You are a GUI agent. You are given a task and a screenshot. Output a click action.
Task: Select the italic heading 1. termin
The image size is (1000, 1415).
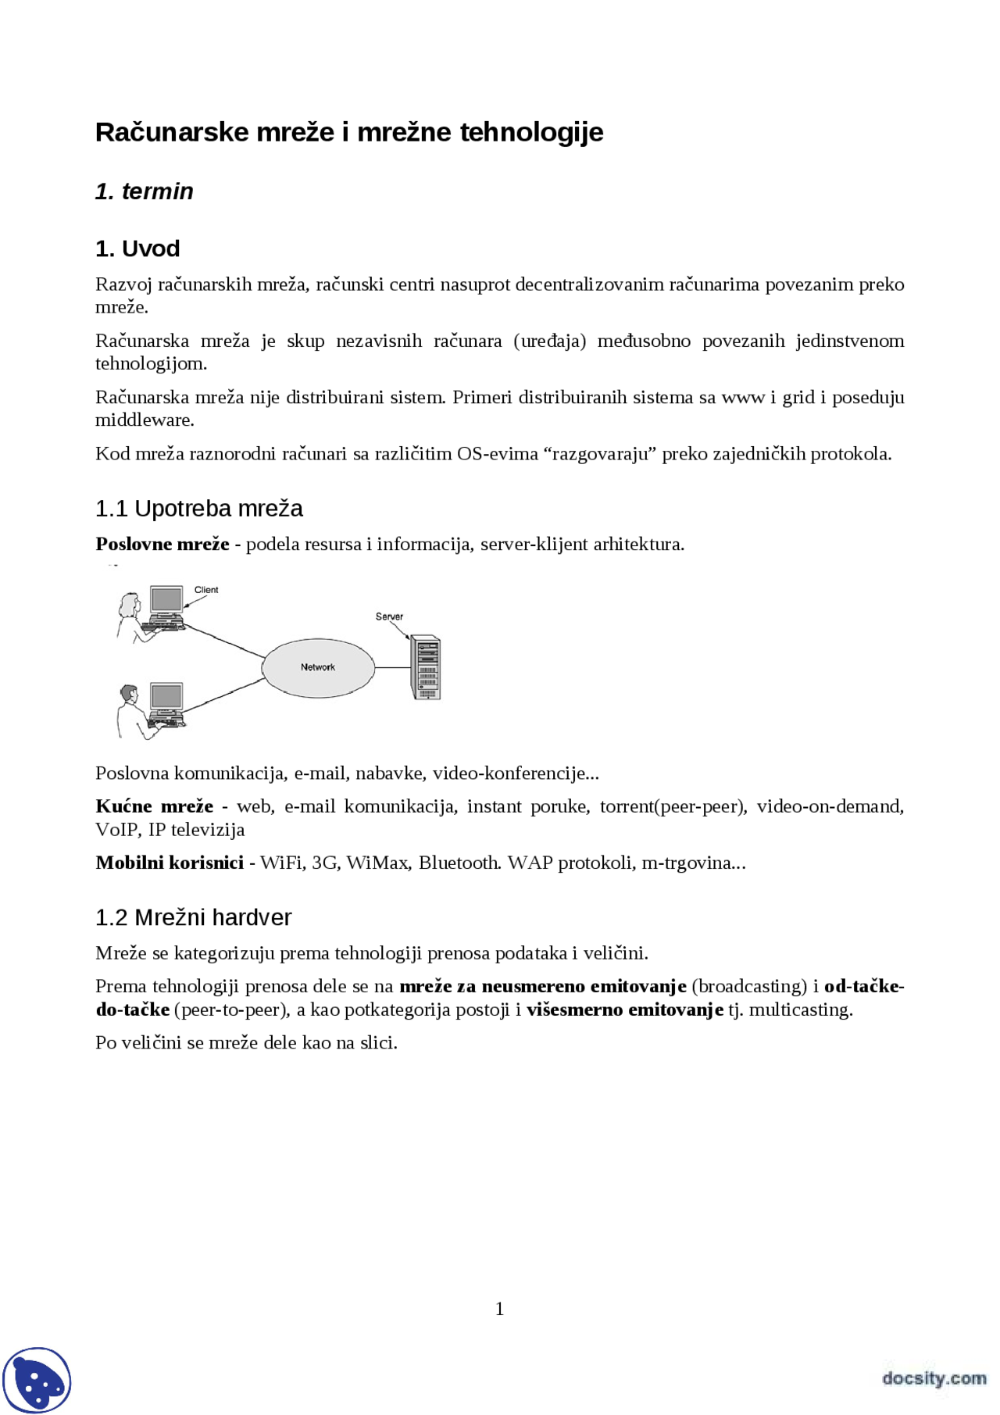[x=145, y=191]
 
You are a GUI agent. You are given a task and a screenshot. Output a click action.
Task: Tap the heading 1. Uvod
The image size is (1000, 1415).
[x=137, y=248]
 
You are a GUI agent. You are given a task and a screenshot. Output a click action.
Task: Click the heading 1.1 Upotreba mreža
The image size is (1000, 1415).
[x=198, y=509]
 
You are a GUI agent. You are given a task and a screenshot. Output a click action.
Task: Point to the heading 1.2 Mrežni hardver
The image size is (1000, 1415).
[x=193, y=917]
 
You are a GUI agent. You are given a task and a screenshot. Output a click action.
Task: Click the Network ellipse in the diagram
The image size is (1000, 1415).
[x=318, y=667]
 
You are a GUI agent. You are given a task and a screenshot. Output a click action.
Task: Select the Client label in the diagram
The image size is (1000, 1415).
[x=206, y=590]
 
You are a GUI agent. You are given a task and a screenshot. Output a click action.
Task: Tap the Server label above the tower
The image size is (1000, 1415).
[x=389, y=616]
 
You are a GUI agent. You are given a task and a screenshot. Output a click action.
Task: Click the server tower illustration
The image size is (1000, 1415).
[x=426, y=667]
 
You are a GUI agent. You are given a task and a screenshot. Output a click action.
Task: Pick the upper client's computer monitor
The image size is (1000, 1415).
[x=166, y=600]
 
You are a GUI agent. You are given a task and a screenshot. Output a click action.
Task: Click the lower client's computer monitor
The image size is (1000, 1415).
[x=166, y=696]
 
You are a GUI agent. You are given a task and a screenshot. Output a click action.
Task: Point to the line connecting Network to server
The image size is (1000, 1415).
[x=393, y=668]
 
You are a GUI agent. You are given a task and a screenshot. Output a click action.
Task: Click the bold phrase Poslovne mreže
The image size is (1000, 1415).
[x=162, y=545]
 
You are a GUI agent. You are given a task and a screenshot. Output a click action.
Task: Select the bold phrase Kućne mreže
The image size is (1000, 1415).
[x=155, y=806]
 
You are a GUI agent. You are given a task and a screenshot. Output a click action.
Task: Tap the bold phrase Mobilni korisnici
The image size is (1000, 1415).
[x=170, y=863]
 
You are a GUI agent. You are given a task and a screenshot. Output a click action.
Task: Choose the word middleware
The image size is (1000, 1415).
[x=144, y=420]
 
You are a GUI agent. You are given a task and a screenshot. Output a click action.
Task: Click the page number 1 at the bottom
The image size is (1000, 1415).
[x=500, y=1309]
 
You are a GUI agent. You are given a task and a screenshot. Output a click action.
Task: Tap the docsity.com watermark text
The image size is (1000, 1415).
[x=934, y=1377]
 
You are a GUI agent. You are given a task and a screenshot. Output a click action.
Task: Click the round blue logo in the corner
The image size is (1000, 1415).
[x=37, y=1380]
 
